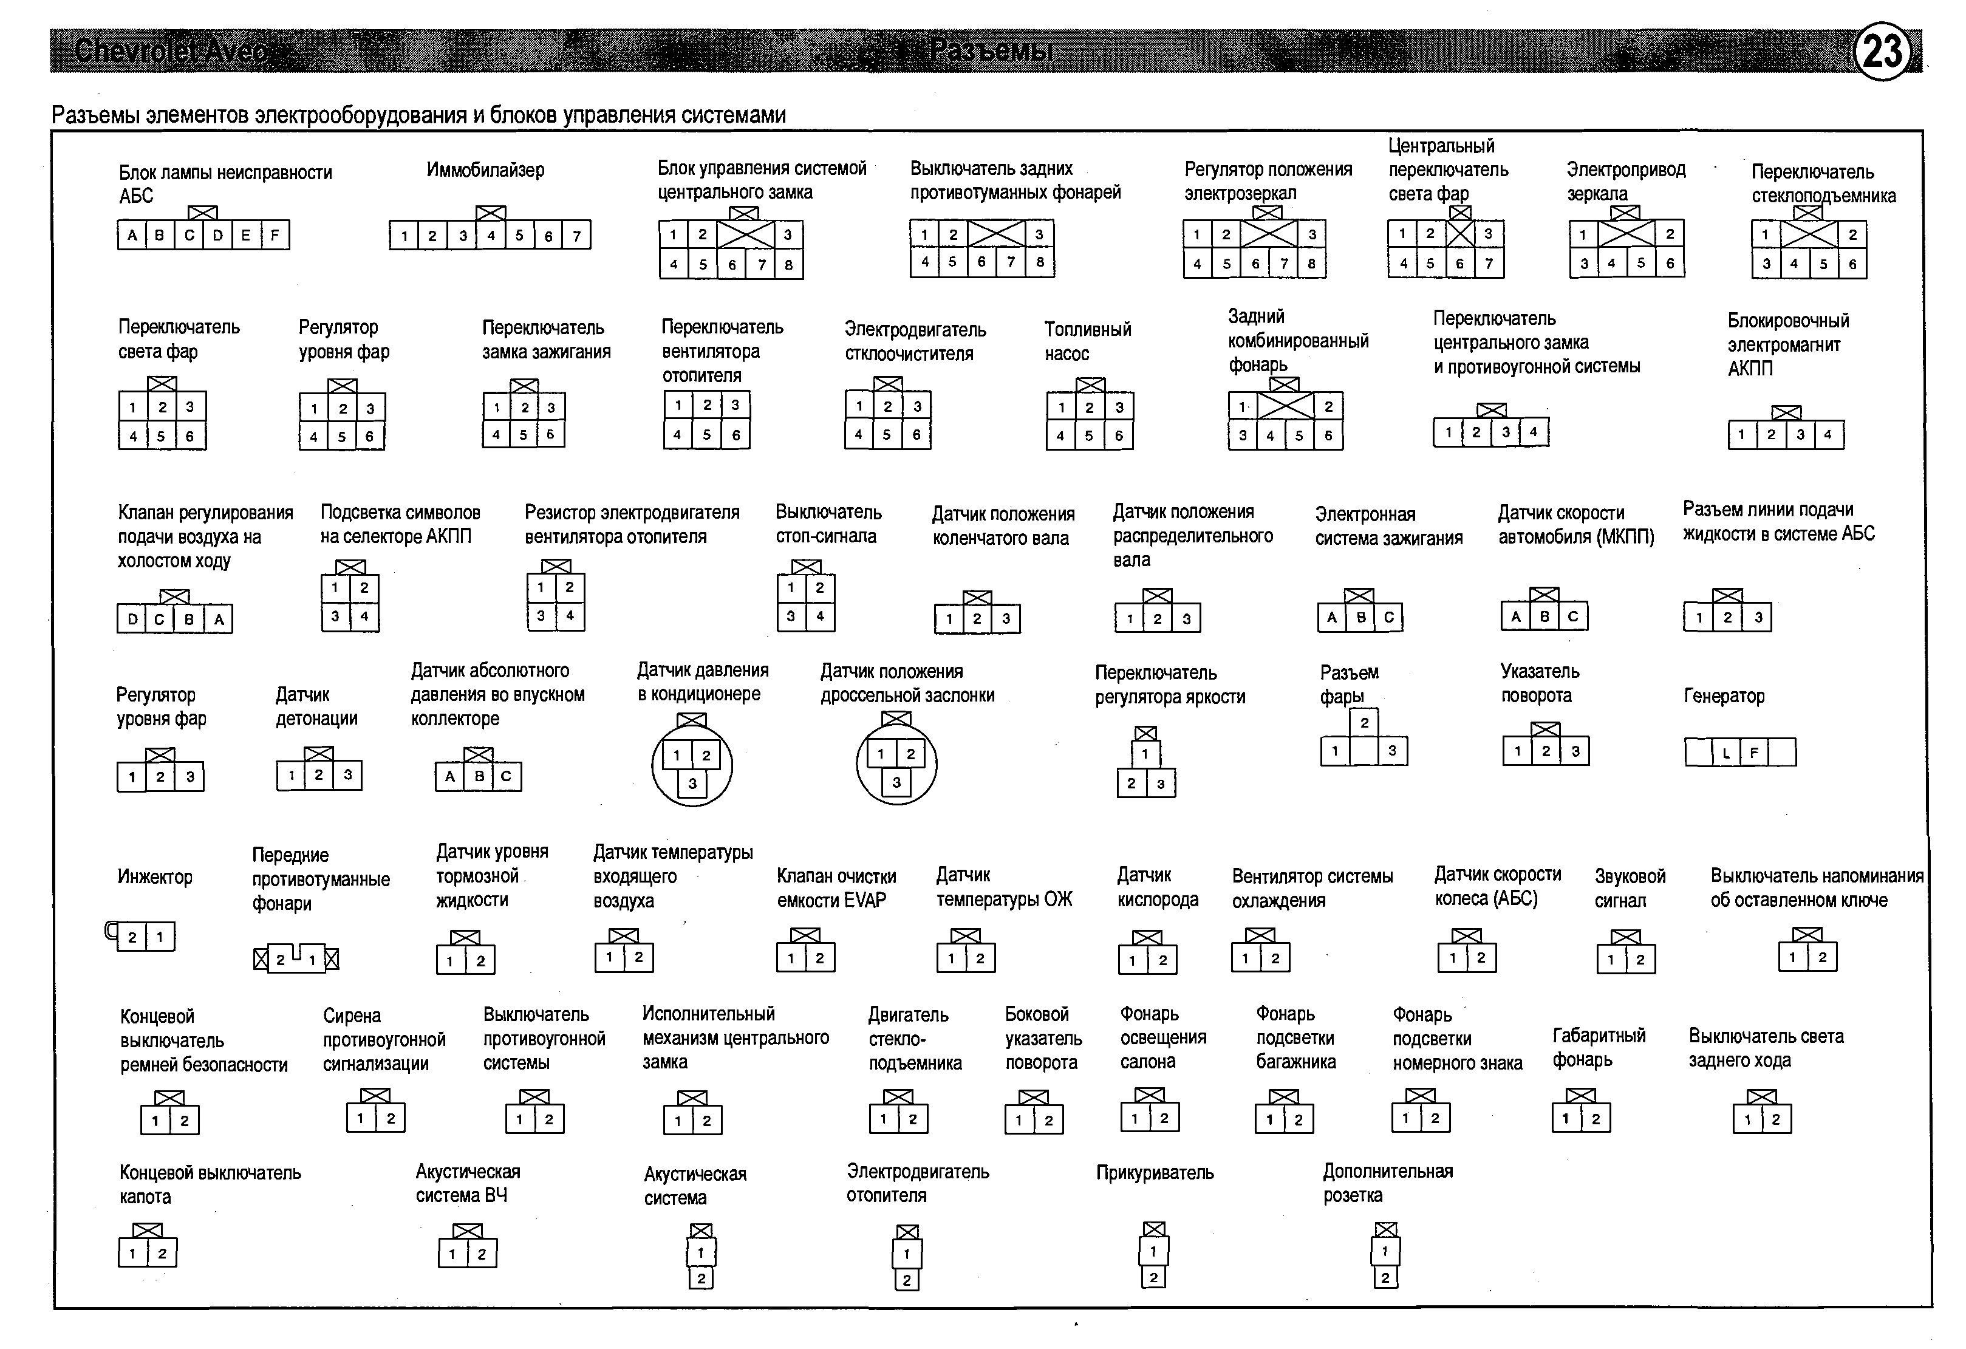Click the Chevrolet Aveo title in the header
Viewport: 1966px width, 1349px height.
point(174,52)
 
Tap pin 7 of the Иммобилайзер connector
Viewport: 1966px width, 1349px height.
point(576,236)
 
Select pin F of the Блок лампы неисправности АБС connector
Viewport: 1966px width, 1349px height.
point(275,235)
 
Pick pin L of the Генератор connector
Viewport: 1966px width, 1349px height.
point(1725,753)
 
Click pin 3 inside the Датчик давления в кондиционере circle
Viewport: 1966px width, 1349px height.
point(692,783)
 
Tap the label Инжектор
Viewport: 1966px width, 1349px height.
point(155,877)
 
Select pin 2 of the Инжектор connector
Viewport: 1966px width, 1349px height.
point(132,937)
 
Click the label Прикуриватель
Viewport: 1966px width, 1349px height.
point(1155,1172)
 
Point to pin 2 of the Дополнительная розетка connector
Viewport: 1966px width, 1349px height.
point(1385,1278)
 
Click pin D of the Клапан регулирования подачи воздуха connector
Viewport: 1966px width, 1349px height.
point(131,619)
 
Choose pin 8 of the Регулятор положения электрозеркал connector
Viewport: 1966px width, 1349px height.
point(1311,264)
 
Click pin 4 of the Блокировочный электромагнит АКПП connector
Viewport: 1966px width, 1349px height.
point(1828,435)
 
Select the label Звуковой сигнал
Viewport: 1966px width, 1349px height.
point(1630,888)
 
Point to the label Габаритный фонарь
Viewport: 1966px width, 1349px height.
point(1598,1048)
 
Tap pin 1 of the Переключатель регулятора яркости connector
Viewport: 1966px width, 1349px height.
point(1145,754)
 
